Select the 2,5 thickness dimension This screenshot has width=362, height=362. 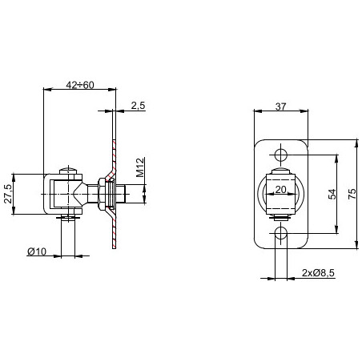tap(137, 105)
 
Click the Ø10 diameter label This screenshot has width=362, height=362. tap(37, 252)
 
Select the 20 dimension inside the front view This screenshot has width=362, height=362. tap(280, 189)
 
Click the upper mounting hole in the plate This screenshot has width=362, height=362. tap(281, 154)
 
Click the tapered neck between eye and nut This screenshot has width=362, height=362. tap(85, 193)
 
